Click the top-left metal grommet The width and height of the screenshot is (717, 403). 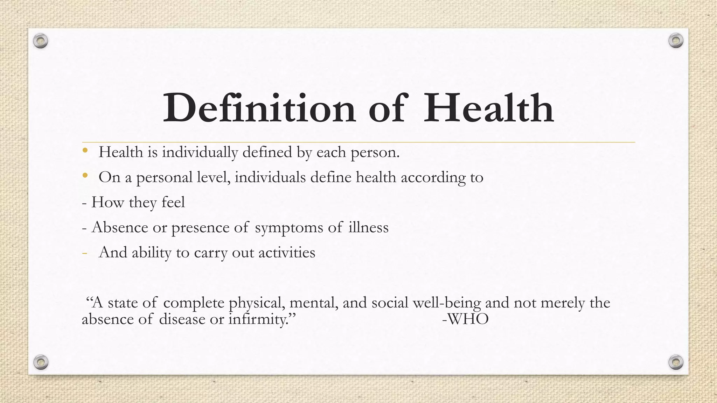coord(41,41)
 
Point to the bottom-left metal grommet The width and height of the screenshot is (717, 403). coord(41,362)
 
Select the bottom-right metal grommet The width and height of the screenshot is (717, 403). coord(676,362)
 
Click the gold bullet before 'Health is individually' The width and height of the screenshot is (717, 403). coord(85,151)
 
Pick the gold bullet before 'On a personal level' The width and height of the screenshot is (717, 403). coord(85,176)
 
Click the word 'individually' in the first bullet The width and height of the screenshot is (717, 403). coord(200,153)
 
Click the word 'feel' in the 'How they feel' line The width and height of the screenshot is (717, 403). coord(173,203)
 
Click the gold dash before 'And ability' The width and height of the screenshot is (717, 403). coord(84,253)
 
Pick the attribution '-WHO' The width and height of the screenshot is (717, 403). coord(465,319)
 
